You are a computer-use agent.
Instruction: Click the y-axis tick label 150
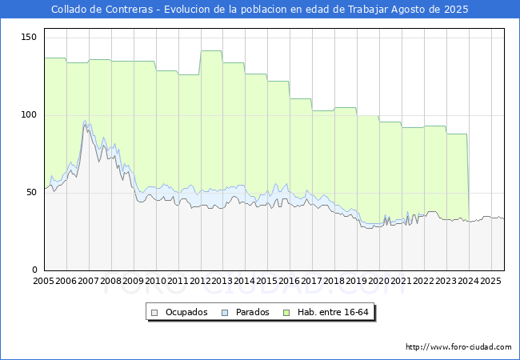point(29,37)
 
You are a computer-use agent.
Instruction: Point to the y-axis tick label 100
point(29,115)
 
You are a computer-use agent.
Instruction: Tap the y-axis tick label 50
point(31,193)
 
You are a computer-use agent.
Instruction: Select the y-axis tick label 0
point(34,270)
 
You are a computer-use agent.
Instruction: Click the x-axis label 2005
point(43,281)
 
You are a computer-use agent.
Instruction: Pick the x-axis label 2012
point(200,281)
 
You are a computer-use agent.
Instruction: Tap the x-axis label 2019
point(357,281)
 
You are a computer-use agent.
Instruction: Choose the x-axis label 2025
point(490,281)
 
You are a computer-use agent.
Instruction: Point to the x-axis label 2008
point(110,281)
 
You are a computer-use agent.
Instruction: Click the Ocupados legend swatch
point(154,313)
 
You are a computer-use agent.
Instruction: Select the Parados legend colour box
point(225,313)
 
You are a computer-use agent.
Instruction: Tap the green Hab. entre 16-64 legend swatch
point(286,313)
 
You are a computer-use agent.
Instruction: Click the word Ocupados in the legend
point(186,312)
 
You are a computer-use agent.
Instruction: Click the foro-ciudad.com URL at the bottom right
point(458,346)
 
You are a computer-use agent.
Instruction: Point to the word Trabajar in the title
point(368,10)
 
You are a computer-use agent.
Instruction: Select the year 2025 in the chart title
point(456,10)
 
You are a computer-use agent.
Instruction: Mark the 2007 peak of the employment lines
point(86,121)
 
